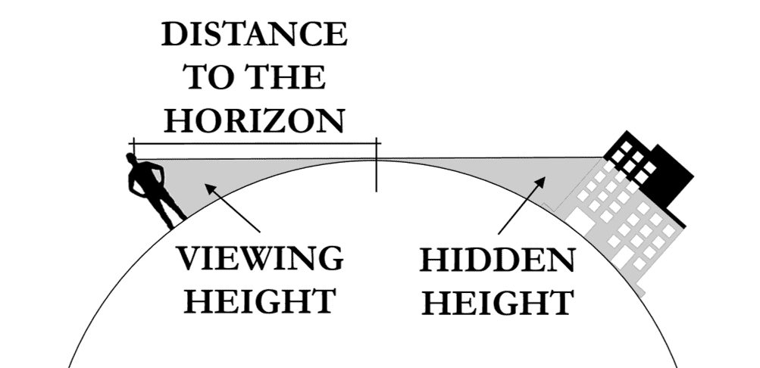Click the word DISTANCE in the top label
click(x=254, y=36)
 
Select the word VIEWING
click(x=259, y=260)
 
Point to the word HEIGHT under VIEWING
click(x=259, y=301)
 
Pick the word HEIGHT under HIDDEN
click(x=498, y=303)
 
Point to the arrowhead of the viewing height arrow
click(x=208, y=188)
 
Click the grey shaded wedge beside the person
click(x=186, y=178)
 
